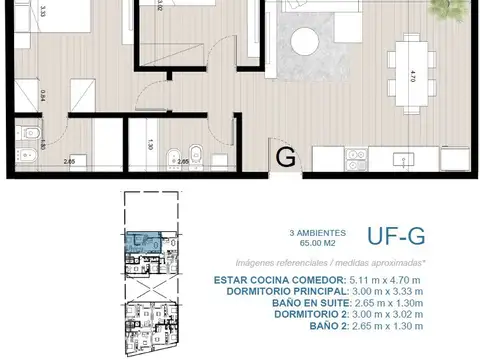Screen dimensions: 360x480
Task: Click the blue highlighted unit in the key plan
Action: coord(148,240)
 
